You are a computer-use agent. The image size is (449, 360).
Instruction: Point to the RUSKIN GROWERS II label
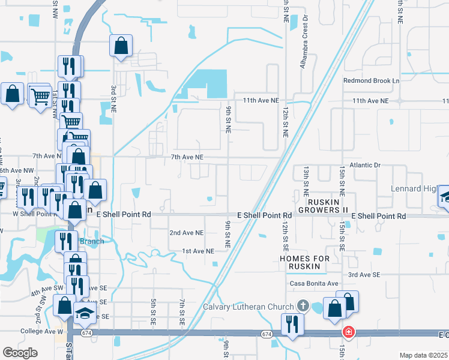(x=328, y=206)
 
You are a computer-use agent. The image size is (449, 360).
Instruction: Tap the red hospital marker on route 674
(x=348, y=332)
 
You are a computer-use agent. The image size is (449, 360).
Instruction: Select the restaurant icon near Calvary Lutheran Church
(x=292, y=323)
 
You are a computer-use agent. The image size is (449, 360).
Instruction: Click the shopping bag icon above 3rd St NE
(x=121, y=45)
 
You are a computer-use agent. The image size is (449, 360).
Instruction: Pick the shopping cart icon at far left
(x=40, y=95)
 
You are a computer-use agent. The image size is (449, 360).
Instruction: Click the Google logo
(x=20, y=352)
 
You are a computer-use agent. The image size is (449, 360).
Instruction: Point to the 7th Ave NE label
(x=188, y=157)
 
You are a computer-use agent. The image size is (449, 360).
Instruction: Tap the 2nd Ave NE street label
(x=187, y=233)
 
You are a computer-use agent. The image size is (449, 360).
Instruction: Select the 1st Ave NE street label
(x=199, y=251)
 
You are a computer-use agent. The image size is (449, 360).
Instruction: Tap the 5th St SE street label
(x=154, y=312)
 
